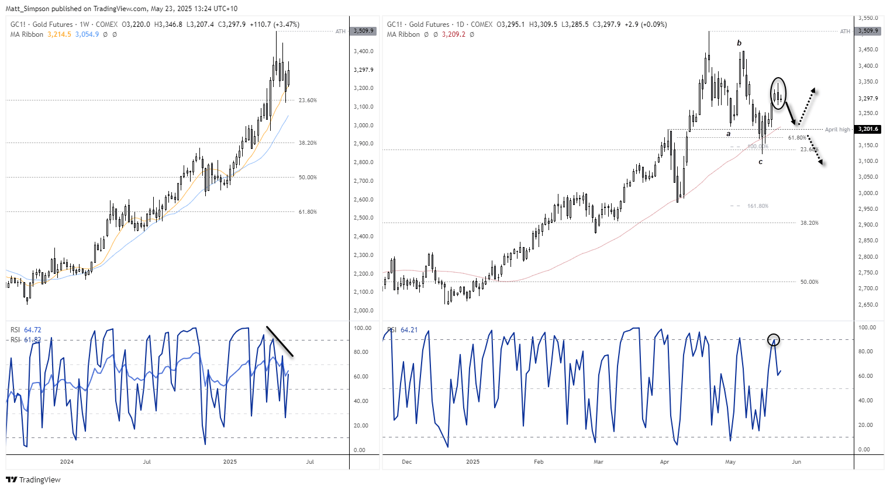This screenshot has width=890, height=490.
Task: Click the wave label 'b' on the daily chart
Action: (739, 43)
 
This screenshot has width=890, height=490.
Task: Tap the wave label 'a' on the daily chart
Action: (729, 134)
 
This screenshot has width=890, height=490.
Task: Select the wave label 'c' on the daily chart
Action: (760, 162)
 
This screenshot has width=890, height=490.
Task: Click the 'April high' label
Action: (837, 130)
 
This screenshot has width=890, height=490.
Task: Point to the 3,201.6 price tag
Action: (868, 129)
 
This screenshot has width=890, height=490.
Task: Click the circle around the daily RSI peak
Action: (774, 339)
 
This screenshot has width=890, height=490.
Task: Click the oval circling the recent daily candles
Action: (778, 93)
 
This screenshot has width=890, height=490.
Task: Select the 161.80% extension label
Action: (757, 206)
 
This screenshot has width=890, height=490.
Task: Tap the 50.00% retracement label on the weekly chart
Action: (308, 178)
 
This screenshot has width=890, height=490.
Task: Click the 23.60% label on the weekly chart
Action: (308, 100)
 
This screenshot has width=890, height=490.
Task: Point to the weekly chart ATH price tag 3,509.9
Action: (363, 31)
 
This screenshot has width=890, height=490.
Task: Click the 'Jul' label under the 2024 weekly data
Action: (147, 462)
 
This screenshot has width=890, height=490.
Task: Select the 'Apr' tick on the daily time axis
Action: (664, 462)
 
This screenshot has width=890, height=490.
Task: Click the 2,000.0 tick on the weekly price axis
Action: (363, 311)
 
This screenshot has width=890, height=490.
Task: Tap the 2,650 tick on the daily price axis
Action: (867, 305)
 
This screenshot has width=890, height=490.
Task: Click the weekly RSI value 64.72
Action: (33, 330)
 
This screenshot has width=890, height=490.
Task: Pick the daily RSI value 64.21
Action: (409, 330)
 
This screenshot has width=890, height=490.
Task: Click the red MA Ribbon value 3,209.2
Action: (454, 34)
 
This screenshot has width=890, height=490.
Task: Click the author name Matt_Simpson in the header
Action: (27, 9)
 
